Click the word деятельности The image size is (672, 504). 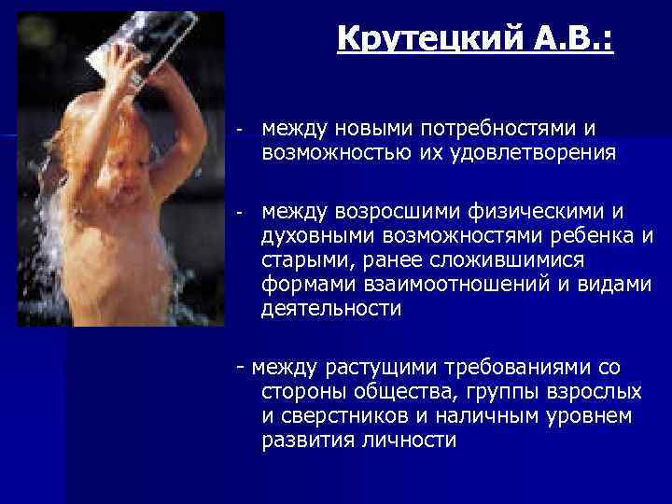[x=332, y=310]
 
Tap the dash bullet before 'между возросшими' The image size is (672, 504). [x=241, y=214]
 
